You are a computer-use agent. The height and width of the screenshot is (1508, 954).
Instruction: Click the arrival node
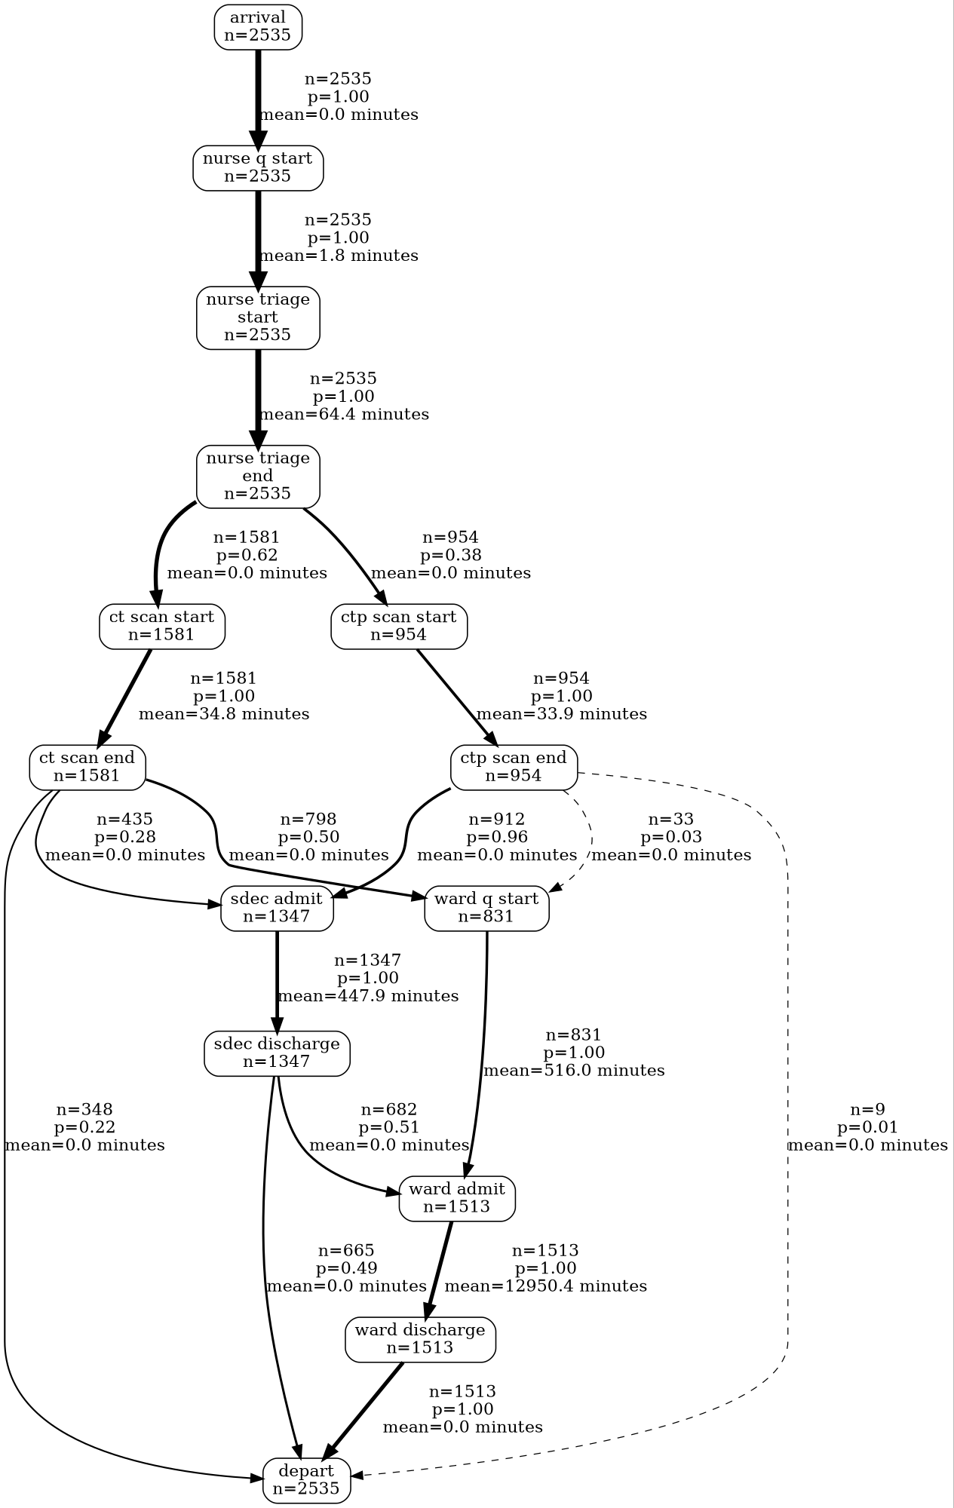tap(258, 27)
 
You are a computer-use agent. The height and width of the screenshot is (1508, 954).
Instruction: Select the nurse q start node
tap(258, 168)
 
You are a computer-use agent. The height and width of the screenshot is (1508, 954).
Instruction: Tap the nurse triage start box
tap(258, 317)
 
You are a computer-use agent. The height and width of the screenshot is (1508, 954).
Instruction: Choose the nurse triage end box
tap(258, 477)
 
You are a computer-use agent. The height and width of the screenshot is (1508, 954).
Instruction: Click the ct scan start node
tap(162, 626)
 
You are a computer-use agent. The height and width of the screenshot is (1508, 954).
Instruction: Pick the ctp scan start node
tap(399, 626)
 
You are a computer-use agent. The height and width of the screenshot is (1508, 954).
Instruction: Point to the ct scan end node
tap(87, 768)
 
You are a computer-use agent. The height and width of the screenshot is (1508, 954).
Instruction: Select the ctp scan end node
tap(514, 768)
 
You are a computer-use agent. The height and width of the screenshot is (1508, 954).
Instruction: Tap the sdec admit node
tap(278, 909)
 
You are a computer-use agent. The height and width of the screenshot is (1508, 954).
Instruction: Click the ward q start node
tap(487, 909)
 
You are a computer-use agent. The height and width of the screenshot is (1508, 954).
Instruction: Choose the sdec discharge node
tap(278, 1053)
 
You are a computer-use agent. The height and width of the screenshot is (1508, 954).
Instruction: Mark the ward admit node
tap(457, 1198)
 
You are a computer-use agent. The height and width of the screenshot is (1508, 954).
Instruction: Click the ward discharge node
tap(421, 1340)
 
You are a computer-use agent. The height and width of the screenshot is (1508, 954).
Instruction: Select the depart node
tap(307, 1480)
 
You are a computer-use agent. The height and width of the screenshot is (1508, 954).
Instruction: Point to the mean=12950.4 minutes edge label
tap(546, 1286)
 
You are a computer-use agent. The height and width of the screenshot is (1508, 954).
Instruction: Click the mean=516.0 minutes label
tap(574, 1071)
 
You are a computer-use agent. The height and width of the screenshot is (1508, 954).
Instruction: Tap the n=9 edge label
tap(868, 1110)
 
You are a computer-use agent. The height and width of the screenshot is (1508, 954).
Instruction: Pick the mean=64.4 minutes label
tap(344, 415)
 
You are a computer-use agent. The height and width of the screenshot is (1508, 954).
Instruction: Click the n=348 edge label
tap(84, 1110)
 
